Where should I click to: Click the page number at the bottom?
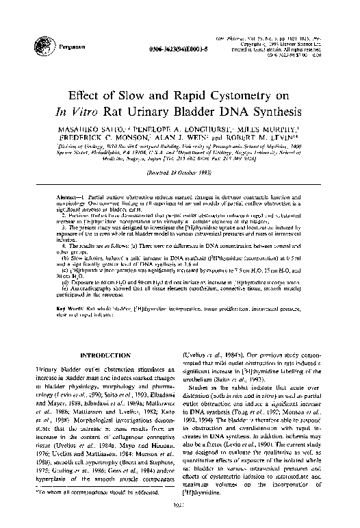[x=180, y=507]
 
